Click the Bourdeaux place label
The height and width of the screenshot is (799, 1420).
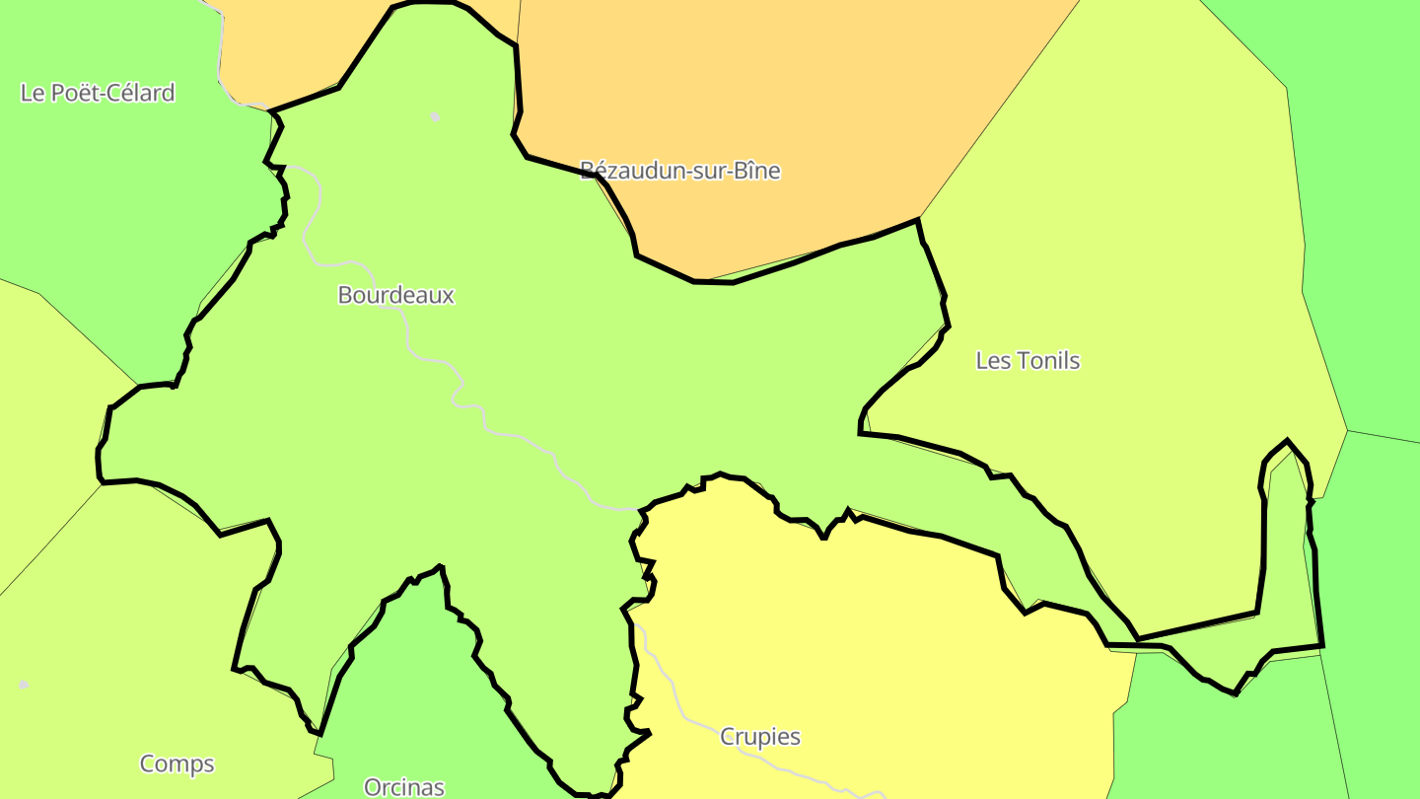click(x=395, y=295)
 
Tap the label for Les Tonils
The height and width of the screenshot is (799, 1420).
click(x=1028, y=361)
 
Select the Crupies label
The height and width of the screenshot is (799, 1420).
click(x=760, y=737)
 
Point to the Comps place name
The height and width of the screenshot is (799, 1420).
click(x=177, y=763)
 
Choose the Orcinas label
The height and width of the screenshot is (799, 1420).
click(x=404, y=787)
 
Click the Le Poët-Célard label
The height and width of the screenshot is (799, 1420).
click(x=98, y=93)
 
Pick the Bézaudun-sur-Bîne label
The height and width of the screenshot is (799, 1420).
click(x=680, y=171)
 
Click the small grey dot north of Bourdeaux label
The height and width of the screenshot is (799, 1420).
click(x=435, y=116)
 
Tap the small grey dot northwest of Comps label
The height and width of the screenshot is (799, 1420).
click(x=24, y=684)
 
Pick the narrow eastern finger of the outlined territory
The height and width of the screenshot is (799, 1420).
click(x=1288, y=552)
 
